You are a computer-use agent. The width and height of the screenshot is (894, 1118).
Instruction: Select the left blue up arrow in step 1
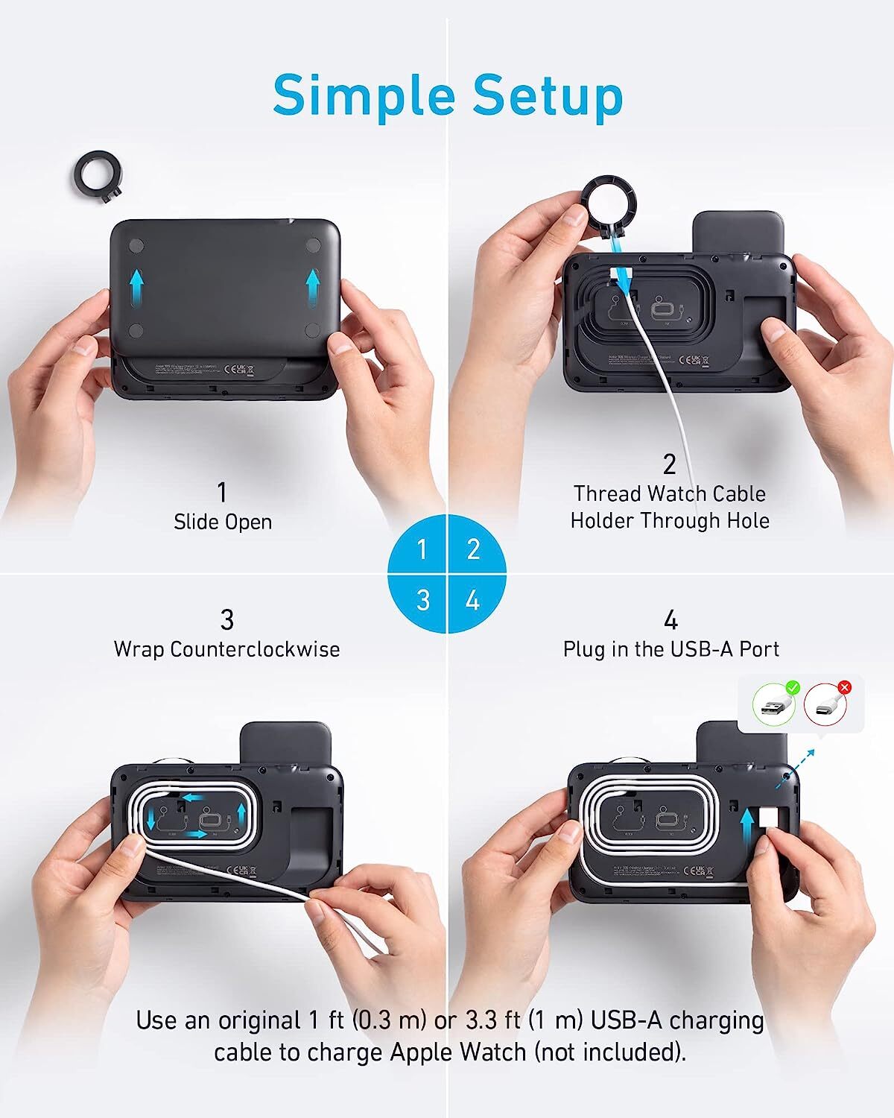click(136, 286)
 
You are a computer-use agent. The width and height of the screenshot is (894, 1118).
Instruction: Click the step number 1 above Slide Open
click(221, 493)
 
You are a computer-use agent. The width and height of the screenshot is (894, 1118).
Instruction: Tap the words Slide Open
click(223, 522)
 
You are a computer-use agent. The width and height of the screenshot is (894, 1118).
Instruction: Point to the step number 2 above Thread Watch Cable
click(669, 464)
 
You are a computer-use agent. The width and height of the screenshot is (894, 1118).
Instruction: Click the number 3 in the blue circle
click(423, 599)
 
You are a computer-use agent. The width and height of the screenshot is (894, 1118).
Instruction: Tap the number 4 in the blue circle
click(472, 599)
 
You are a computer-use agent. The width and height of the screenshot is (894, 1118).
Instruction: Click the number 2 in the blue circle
click(472, 549)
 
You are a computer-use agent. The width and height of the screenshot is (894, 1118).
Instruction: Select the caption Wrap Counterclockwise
click(226, 649)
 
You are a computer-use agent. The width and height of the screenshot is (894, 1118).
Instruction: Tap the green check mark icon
click(792, 686)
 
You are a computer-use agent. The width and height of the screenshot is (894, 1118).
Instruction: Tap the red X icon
click(844, 686)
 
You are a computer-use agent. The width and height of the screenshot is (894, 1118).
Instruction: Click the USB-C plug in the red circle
click(825, 705)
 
